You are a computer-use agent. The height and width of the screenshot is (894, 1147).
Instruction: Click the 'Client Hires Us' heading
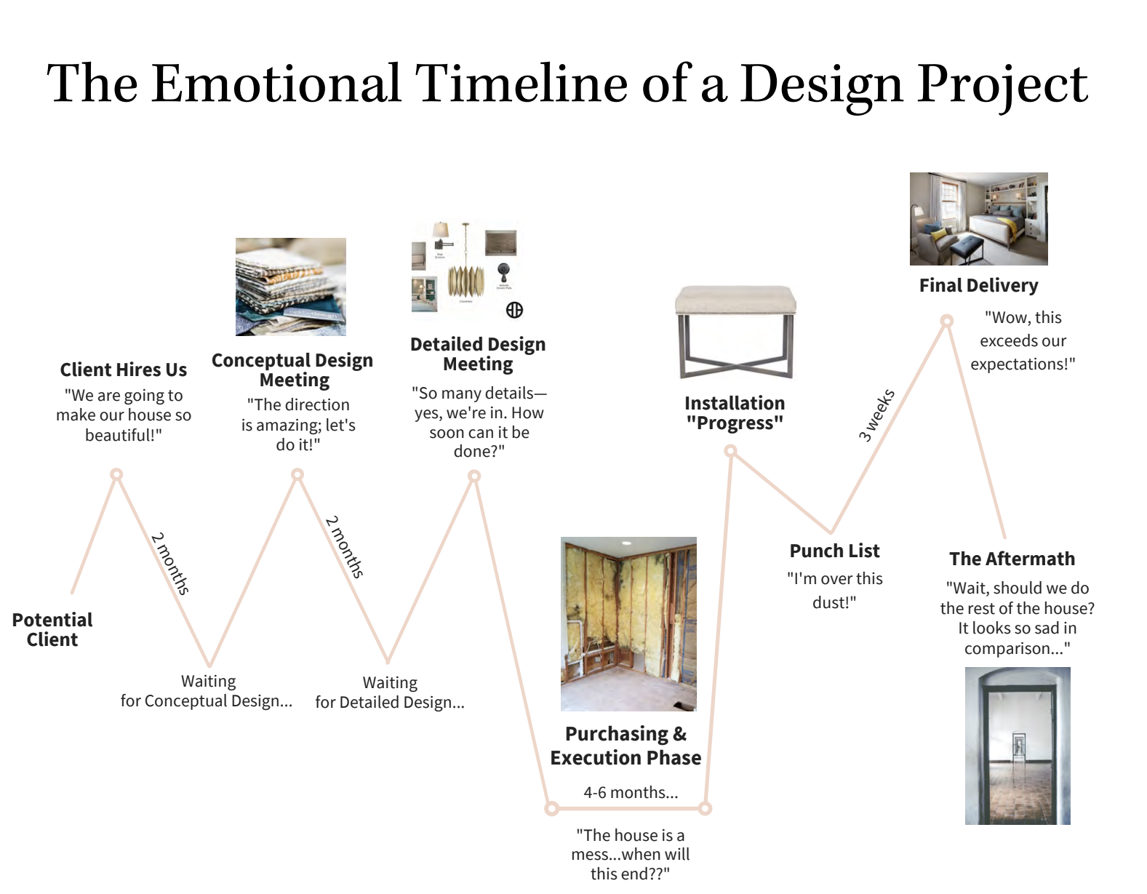point(124,370)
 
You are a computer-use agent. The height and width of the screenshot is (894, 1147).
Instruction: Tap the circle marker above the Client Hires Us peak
point(116,474)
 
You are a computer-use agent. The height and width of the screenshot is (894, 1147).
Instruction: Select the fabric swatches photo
point(291,287)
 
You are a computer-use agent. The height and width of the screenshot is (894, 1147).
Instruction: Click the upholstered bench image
point(736,332)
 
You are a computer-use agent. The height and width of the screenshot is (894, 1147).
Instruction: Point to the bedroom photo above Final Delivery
point(978,218)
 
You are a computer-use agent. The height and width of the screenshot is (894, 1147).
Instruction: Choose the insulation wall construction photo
point(628,624)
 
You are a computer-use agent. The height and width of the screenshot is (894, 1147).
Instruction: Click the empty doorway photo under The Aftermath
point(1018,746)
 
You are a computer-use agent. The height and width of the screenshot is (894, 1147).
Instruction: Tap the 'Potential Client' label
point(52,630)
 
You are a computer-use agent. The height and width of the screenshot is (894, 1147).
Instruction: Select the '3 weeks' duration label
point(876,415)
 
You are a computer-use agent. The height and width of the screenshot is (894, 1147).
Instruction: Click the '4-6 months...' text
point(631,792)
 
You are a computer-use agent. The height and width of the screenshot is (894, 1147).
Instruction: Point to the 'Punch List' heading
point(834,551)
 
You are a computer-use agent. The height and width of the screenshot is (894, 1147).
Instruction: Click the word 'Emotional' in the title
point(277,83)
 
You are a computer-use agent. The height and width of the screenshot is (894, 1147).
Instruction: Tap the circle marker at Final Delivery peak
point(947,321)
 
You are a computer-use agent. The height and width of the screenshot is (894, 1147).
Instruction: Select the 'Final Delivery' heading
point(978,285)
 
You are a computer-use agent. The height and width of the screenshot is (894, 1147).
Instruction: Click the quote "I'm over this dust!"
point(834,591)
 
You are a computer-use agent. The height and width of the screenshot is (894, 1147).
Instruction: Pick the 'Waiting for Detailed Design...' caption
point(390,693)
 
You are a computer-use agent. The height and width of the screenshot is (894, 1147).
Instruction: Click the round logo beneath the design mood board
point(514,310)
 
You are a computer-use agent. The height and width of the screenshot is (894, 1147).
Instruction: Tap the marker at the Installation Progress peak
point(730,451)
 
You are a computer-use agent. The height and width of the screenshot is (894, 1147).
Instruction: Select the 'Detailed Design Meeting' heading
point(479,354)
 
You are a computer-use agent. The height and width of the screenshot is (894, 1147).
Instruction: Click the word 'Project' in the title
point(1002,84)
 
